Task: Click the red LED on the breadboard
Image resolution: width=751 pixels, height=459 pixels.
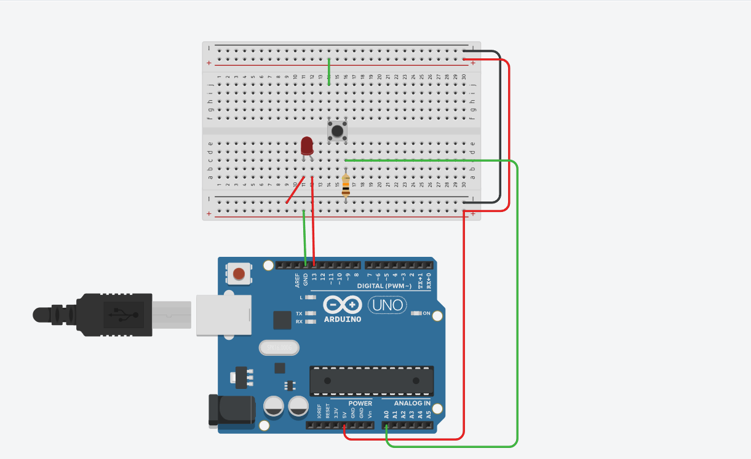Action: tap(307, 146)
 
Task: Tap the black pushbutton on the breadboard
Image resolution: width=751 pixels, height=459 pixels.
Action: tap(336, 130)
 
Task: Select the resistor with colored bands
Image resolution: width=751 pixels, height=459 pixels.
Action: tap(346, 185)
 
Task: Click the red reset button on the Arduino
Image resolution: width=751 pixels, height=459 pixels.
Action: tap(239, 274)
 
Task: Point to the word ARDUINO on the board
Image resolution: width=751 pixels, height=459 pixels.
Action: tap(342, 320)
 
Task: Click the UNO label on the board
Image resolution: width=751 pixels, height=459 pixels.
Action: tap(387, 305)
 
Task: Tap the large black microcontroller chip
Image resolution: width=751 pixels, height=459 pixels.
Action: tap(372, 381)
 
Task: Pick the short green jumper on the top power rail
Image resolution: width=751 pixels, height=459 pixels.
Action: tap(329, 71)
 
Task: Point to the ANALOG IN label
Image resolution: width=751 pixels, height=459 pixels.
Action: tap(412, 404)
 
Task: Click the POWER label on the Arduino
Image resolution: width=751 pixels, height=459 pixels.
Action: tap(360, 404)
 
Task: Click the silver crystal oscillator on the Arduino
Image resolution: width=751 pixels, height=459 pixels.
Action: tap(279, 348)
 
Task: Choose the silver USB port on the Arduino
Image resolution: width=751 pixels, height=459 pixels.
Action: tap(224, 315)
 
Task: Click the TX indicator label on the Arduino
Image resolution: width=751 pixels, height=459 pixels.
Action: tap(299, 313)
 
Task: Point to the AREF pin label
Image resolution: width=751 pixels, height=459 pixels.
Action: tap(297, 280)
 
